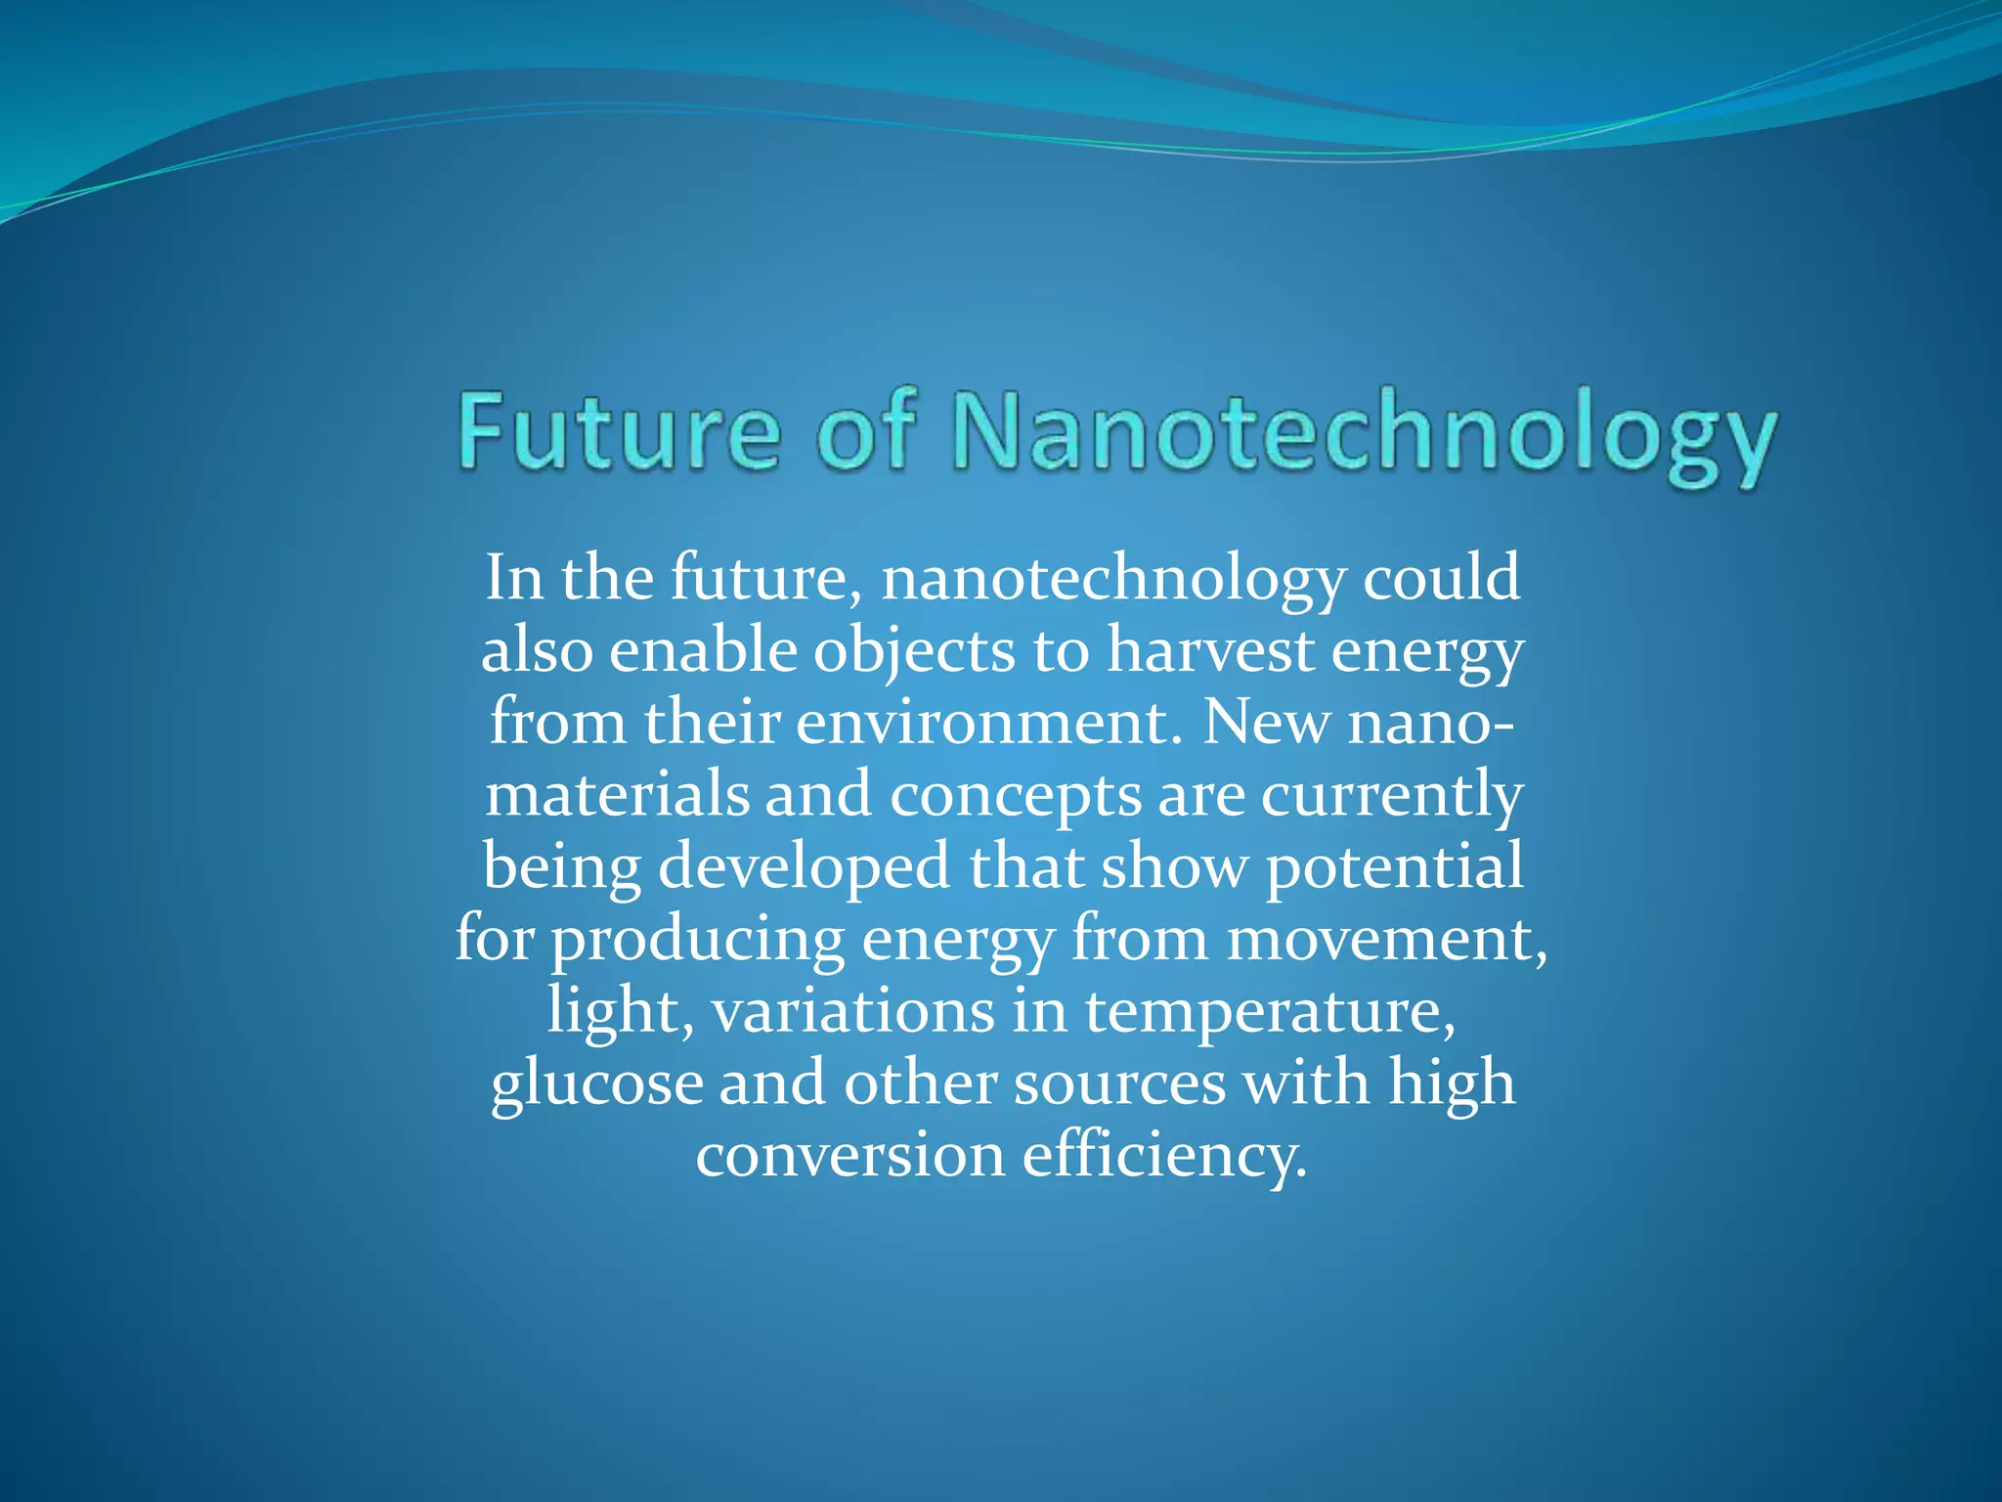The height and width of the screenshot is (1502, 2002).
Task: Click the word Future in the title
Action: pyautogui.click(x=619, y=431)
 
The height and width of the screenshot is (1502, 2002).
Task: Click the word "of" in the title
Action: pyautogui.click(x=866, y=431)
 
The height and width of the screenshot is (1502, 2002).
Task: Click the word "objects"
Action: pyautogui.click(x=914, y=652)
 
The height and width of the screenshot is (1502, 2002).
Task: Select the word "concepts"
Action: pyautogui.click(x=1015, y=797)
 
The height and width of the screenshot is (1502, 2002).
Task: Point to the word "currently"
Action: pyautogui.click(x=1391, y=797)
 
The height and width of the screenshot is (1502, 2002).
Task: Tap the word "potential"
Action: pyautogui.click(x=1394, y=868)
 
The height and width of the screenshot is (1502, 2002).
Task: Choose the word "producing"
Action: pyautogui.click(x=697, y=941)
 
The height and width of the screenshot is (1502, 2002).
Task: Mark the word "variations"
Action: pyautogui.click(x=851, y=1011)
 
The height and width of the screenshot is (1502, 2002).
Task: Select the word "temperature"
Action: pyautogui.click(x=1270, y=1013)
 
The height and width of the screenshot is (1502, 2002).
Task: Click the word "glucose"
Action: pyautogui.click(x=596, y=1084)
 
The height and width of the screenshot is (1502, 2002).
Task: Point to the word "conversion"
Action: pyautogui.click(x=849, y=1156)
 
